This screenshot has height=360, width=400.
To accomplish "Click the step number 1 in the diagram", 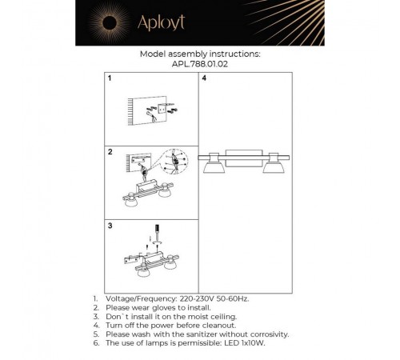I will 111,80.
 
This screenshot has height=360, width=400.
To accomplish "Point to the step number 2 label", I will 111,151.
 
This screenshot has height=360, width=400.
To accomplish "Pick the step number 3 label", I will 111,226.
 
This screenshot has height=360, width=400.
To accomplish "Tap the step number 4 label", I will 205,80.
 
